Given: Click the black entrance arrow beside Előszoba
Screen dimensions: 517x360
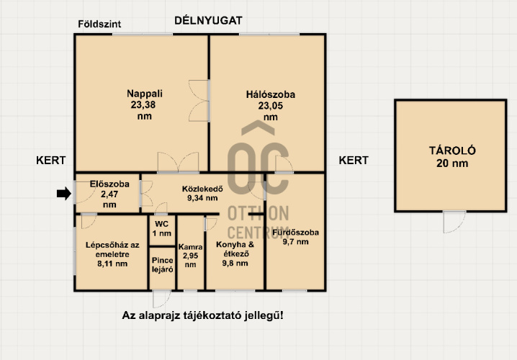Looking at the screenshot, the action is tap(64, 194).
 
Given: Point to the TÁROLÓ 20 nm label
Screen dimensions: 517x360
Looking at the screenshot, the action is tap(452, 157).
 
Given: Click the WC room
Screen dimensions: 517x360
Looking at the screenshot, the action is tap(161, 229).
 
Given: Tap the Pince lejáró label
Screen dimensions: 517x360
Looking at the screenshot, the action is tap(162, 265).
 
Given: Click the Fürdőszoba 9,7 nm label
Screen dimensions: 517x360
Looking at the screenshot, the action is tap(295, 237).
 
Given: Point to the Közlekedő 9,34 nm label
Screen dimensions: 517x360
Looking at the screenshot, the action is tap(202, 194).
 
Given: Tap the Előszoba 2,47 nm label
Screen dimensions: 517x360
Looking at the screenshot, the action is tap(109, 194).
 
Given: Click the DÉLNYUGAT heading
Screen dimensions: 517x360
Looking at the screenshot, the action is tap(208, 20).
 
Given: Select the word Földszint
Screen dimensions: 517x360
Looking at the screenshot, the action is tap(99, 24).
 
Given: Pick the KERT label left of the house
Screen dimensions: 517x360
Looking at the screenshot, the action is tap(51, 161).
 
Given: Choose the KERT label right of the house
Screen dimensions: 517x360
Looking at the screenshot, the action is tap(354, 161).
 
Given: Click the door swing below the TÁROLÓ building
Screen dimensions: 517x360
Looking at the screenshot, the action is tap(454, 222).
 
